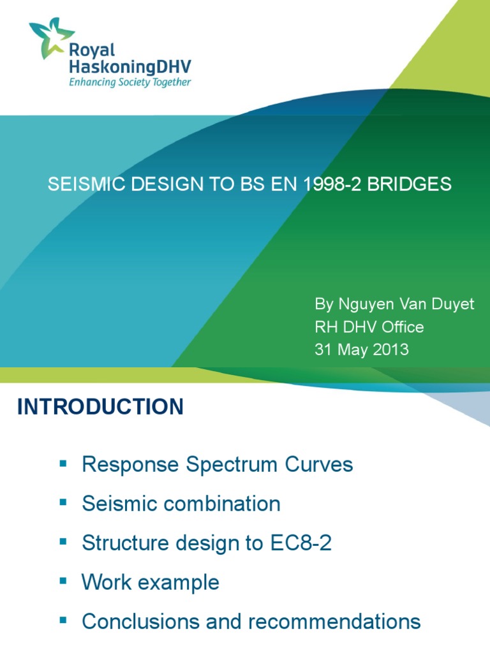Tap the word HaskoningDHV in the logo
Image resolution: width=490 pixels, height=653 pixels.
click(130, 66)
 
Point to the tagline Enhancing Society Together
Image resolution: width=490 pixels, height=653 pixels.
click(130, 82)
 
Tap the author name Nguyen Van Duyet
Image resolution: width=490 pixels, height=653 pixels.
click(394, 304)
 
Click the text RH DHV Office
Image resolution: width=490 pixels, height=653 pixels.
click(369, 326)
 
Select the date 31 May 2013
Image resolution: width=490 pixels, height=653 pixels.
click(362, 349)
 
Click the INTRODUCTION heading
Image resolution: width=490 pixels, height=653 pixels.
click(100, 406)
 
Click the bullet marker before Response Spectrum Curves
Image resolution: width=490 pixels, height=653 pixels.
click(63, 464)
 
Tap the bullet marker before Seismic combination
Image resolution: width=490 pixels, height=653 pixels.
click(63, 503)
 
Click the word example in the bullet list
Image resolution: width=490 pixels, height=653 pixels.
click(179, 582)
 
